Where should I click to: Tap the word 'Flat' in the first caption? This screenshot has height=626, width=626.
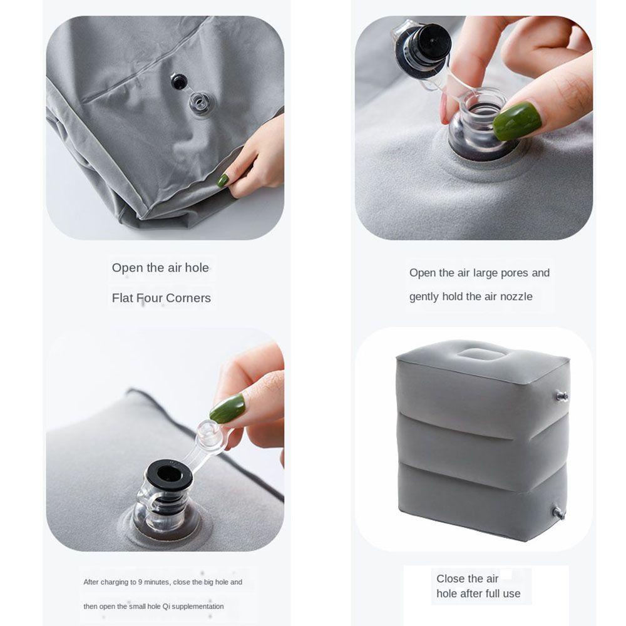[x=123, y=298]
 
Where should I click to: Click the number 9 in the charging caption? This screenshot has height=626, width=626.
[x=140, y=582]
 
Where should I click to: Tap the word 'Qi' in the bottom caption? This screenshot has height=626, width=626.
[x=166, y=607]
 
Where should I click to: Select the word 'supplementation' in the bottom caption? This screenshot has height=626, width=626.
[x=198, y=607]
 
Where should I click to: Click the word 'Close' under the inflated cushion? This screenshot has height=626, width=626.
[x=451, y=578]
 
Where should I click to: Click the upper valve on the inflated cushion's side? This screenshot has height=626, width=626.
[x=562, y=396]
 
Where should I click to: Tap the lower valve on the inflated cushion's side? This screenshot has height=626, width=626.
[x=559, y=513]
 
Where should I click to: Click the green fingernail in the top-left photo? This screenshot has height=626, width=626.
[x=223, y=180]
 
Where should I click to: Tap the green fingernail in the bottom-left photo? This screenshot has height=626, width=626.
[x=227, y=409]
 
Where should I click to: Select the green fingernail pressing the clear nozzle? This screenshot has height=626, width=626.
[x=518, y=121]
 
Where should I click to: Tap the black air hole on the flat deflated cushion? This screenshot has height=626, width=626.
[x=179, y=81]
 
